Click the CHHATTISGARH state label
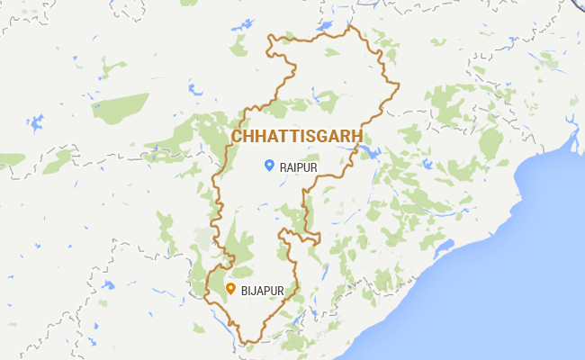pyautogui.click(x=298, y=136)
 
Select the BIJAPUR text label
pyautogui.click(x=262, y=290)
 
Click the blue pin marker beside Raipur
pyautogui.click(x=268, y=165)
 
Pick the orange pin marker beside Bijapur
pyautogui.click(x=230, y=289)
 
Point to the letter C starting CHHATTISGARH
pyautogui.click(x=238, y=136)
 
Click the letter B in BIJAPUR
pyautogui.click(x=244, y=290)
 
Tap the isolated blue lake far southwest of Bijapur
pyautogui.click(x=107, y=285)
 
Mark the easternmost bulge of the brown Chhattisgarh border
pyautogui.click(x=398, y=85)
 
